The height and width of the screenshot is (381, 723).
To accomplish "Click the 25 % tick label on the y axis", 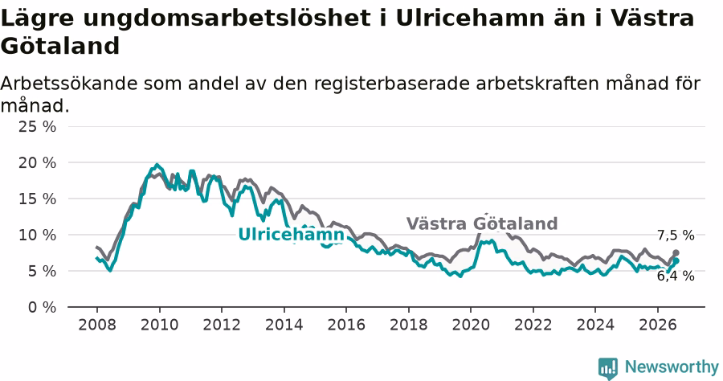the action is [37, 126].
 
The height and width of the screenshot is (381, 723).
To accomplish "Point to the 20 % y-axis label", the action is [37, 162].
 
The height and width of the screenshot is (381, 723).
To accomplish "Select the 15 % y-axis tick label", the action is [37, 199].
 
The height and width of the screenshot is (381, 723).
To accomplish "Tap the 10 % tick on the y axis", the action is [37, 235].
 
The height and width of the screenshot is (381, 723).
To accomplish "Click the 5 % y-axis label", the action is [42, 271].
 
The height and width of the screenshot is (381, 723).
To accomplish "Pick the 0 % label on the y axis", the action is [42, 307].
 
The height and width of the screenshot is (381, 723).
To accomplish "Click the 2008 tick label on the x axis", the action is [97, 325].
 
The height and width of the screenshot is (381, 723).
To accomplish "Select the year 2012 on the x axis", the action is [222, 325].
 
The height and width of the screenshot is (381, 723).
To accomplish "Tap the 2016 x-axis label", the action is [345, 325].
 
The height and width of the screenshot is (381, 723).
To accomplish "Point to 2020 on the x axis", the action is [470, 325].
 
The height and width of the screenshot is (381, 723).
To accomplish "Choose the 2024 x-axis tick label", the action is [595, 325].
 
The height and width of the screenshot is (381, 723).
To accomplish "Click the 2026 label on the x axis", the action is [657, 325].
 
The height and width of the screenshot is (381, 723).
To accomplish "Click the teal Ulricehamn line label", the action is [291, 235].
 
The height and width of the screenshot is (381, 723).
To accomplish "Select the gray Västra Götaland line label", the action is [482, 223].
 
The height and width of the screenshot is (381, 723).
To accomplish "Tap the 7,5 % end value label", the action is [676, 236].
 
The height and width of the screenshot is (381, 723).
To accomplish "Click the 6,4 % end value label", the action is [676, 276].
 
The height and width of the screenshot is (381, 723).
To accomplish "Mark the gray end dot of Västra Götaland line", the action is [676, 252].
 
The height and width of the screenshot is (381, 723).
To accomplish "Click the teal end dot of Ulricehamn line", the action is [676, 261].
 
